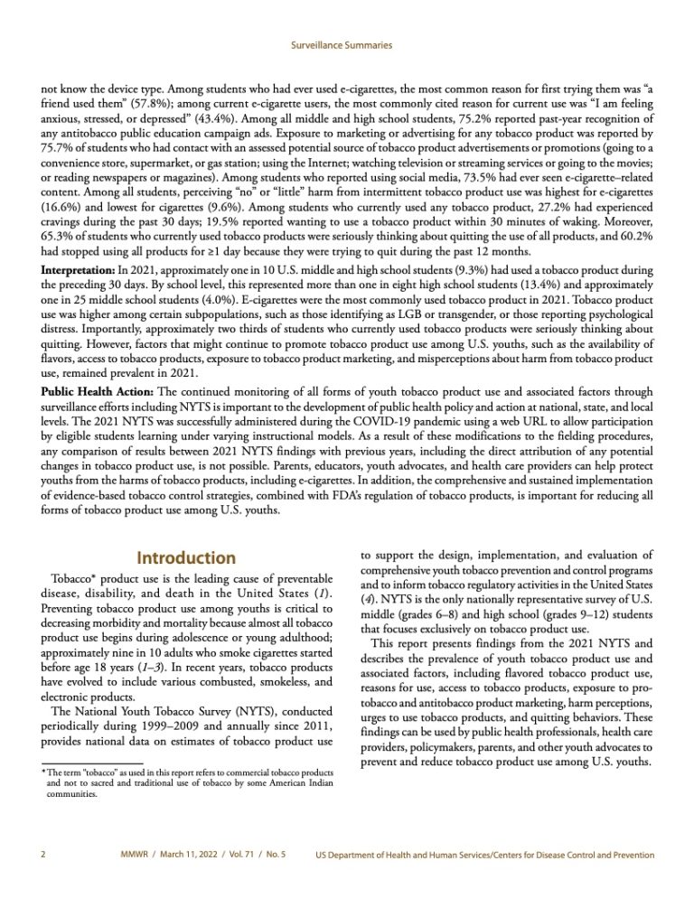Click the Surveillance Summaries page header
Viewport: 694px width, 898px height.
point(346,43)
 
